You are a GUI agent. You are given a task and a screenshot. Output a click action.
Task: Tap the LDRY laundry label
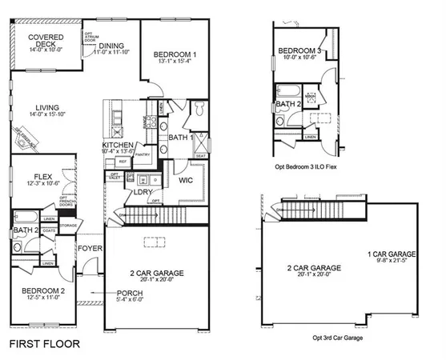point(143,192)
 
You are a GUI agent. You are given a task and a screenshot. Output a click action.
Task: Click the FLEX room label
point(43,178)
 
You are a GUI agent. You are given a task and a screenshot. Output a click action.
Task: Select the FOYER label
point(90,248)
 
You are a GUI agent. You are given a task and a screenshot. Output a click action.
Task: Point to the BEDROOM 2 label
point(43,290)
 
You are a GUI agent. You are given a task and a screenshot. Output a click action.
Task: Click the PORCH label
point(130,293)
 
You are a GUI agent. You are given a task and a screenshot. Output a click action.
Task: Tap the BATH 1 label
point(181,138)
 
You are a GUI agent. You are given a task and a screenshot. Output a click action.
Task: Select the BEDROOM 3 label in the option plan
point(299,50)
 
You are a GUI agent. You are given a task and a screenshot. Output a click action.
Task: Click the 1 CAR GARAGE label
point(392,254)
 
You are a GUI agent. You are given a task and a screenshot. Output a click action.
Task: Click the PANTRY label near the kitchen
point(143,155)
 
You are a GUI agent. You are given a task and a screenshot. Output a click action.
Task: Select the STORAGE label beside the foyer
point(68,226)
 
